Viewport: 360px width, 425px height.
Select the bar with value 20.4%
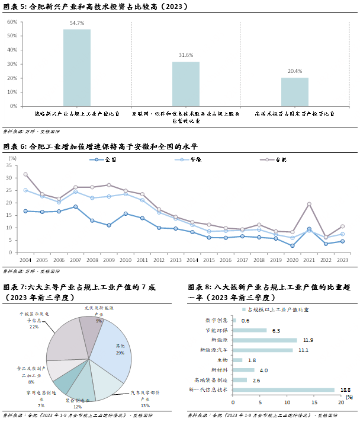click(x=294, y=92)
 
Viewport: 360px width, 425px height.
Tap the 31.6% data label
click(x=185, y=55)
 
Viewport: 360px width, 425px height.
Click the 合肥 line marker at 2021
click(x=308, y=204)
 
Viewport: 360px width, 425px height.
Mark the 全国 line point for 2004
click(x=25, y=211)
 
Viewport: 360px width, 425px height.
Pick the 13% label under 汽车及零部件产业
click(x=145, y=405)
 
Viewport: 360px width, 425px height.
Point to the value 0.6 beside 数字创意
click(x=245, y=321)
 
